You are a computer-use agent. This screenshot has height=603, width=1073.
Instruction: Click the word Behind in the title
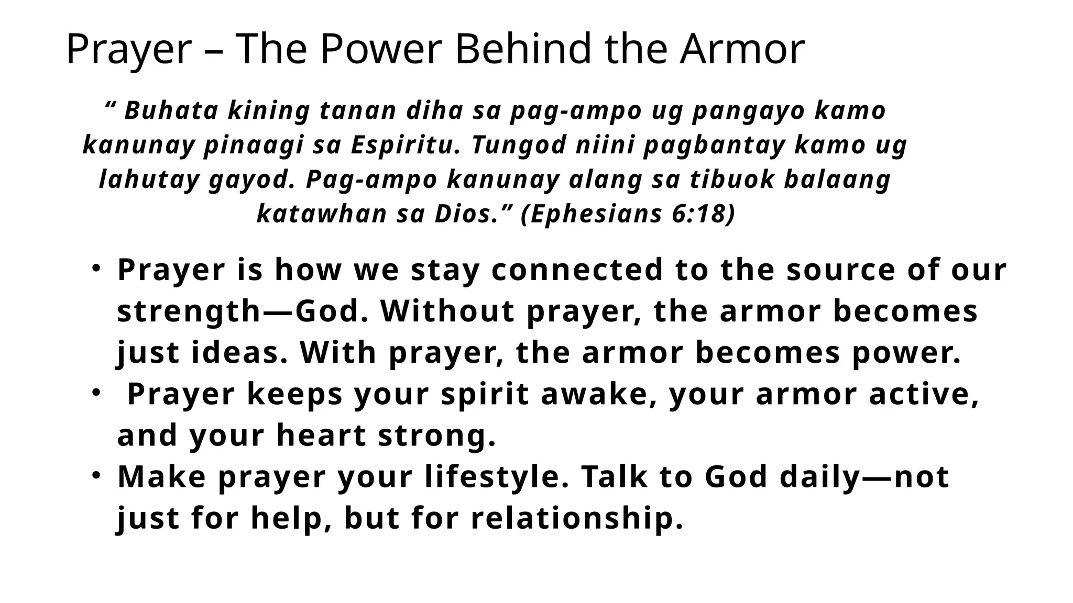pos(524,49)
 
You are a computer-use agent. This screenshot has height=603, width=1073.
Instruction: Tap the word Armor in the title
pos(742,49)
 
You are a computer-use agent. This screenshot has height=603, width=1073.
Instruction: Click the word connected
pos(577,270)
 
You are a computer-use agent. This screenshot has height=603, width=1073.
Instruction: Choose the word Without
pos(447,311)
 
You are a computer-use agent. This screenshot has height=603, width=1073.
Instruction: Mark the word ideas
pos(239,353)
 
